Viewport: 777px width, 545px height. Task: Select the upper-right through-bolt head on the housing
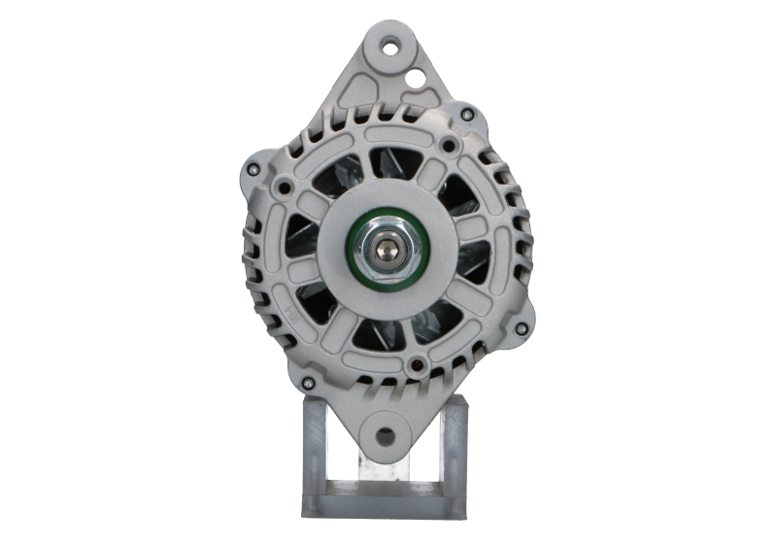tap(469, 117)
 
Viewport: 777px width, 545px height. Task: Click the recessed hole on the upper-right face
tap(448, 146)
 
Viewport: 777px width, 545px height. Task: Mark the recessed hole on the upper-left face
tap(284, 184)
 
